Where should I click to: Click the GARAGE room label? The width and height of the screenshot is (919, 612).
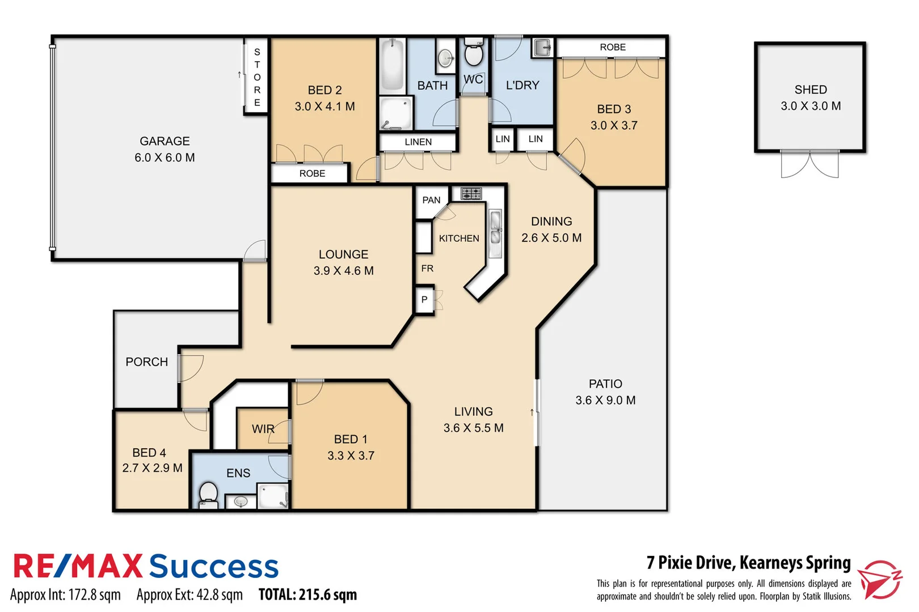165,141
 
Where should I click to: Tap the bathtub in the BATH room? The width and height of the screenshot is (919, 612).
392,64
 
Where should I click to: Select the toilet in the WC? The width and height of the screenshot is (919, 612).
473,54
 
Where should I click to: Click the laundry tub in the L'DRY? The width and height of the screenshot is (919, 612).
542,48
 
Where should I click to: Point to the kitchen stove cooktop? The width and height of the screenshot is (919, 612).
471,194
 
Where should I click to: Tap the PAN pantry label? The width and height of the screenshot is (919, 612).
431,200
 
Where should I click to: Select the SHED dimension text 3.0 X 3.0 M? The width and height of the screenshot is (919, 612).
810,106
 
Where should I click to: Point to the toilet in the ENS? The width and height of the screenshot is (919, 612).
208,494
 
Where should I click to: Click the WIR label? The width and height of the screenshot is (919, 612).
263,429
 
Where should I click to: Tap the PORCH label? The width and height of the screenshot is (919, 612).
146,362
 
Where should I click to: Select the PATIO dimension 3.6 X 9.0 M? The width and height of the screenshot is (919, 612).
605,400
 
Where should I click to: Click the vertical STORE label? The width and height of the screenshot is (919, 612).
257,77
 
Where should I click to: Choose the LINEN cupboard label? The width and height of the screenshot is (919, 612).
418,142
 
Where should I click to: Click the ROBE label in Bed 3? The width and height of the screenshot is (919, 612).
613,47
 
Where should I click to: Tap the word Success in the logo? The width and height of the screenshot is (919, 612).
214,567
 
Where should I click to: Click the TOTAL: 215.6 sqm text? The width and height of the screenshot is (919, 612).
307,594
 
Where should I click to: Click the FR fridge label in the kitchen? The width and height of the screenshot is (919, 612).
427,268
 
